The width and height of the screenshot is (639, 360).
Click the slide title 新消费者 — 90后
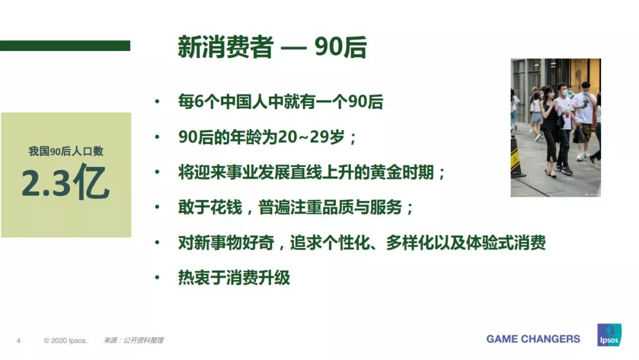[x=272, y=48]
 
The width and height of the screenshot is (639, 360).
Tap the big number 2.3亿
[x=66, y=184]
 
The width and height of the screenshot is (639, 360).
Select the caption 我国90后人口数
[x=66, y=152]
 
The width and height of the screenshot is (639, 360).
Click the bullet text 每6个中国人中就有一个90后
[x=280, y=102]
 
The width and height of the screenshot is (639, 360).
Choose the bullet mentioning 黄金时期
[x=312, y=172]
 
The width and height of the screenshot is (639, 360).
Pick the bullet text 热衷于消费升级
[x=234, y=277]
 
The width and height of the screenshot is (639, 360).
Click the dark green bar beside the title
[x=65, y=46]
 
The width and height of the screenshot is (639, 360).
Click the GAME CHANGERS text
[x=533, y=339]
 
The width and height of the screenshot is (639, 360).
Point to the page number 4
[x=18, y=340]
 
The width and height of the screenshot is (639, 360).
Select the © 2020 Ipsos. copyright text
[x=66, y=340]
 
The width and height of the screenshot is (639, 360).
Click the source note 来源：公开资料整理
[x=133, y=340]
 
